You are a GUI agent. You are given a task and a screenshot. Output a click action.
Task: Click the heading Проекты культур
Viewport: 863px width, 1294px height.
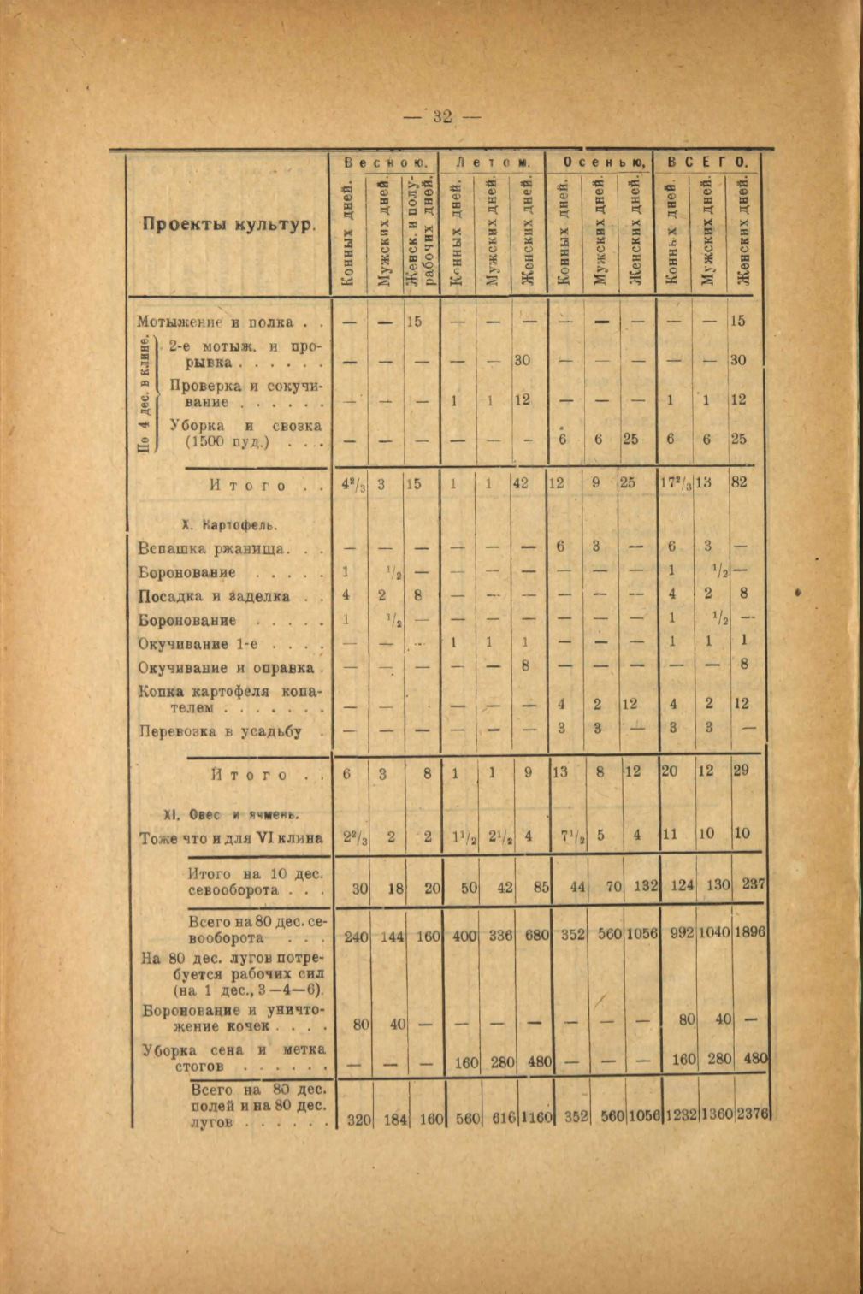click(228, 227)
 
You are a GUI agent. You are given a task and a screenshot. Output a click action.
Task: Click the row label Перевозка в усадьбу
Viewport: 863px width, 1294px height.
click(221, 731)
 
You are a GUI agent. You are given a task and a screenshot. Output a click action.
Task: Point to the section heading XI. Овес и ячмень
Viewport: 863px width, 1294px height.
click(230, 813)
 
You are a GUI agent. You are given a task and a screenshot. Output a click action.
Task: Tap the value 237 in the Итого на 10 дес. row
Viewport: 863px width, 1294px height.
click(752, 886)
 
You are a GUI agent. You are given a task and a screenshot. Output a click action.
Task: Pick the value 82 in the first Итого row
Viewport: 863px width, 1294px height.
click(740, 482)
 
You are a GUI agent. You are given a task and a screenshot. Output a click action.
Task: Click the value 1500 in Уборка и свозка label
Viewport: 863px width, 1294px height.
click(208, 441)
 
